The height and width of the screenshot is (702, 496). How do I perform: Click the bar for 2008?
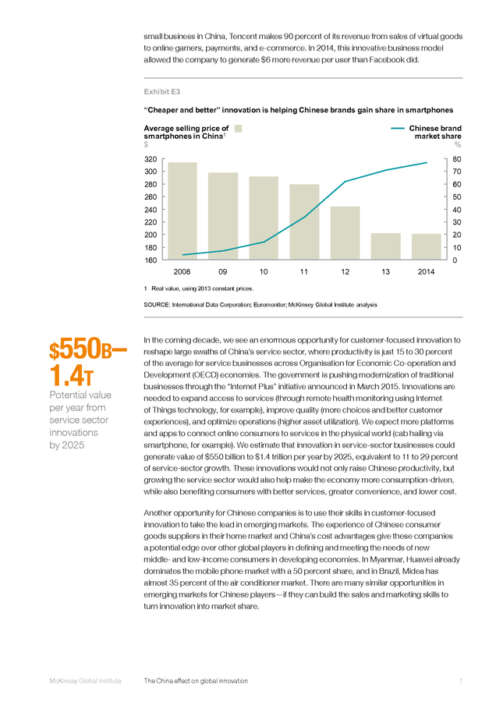(x=182, y=211)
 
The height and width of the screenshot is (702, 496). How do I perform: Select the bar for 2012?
(x=345, y=232)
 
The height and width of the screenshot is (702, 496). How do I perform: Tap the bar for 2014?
(x=426, y=246)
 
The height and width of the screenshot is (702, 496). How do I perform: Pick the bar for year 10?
(x=264, y=218)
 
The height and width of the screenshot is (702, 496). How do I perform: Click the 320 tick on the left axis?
(x=151, y=159)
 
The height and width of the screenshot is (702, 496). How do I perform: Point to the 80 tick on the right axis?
(x=456, y=159)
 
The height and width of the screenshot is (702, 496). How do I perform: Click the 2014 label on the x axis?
(x=426, y=271)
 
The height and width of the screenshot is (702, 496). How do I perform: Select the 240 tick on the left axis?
(x=151, y=210)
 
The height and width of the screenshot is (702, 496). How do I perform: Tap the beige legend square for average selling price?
(x=238, y=129)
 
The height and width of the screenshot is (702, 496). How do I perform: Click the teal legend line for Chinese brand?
(x=398, y=129)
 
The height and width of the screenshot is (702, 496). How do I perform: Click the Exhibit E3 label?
(x=162, y=92)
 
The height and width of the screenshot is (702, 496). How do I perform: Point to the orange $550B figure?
(x=88, y=350)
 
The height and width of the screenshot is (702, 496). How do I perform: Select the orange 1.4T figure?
(x=71, y=376)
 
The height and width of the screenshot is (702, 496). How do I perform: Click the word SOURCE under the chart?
(x=157, y=305)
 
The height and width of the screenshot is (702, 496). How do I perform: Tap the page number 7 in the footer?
(x=461, y=681)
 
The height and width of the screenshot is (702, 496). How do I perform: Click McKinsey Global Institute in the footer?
(x=86, y=681)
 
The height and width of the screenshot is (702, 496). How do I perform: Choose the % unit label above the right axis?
(x=458, y=144)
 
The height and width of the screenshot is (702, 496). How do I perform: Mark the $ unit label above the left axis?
(x=146, y=144)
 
